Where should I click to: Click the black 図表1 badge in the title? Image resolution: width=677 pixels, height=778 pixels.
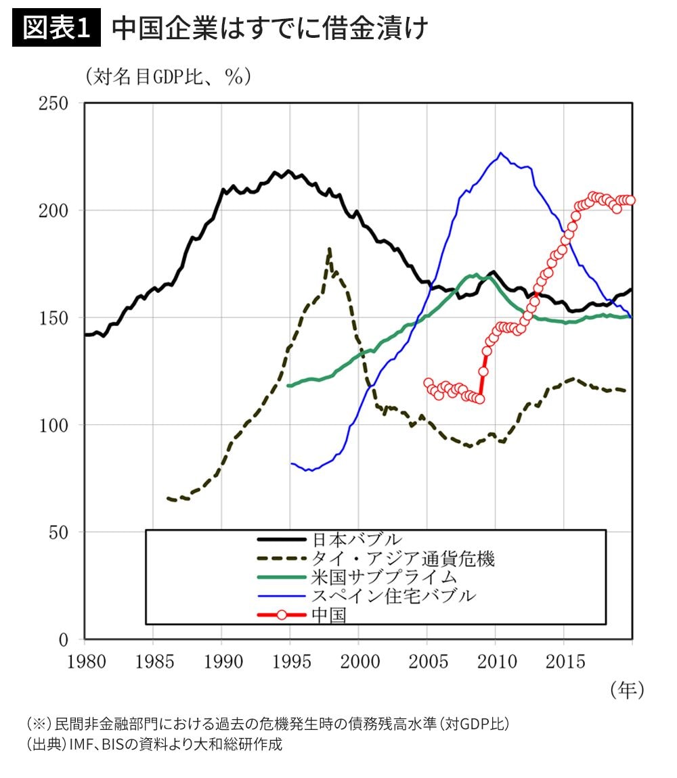pos(57,29)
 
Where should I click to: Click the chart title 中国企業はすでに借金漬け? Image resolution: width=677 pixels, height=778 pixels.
pos(269,29)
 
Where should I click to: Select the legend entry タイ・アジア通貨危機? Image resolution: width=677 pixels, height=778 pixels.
pos(403,559)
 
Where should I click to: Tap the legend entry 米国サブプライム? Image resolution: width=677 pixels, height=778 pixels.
pos(384,578)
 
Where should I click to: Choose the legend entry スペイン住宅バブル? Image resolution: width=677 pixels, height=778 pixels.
pos(393,596)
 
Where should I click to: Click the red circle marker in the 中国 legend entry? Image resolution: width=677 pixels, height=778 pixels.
pos(282,616)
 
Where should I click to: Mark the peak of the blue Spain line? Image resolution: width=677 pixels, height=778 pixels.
pos(500,153)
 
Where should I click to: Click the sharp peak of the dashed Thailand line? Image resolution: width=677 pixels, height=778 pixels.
pos(329,249)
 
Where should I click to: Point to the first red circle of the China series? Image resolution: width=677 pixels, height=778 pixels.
pos(428,383)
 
